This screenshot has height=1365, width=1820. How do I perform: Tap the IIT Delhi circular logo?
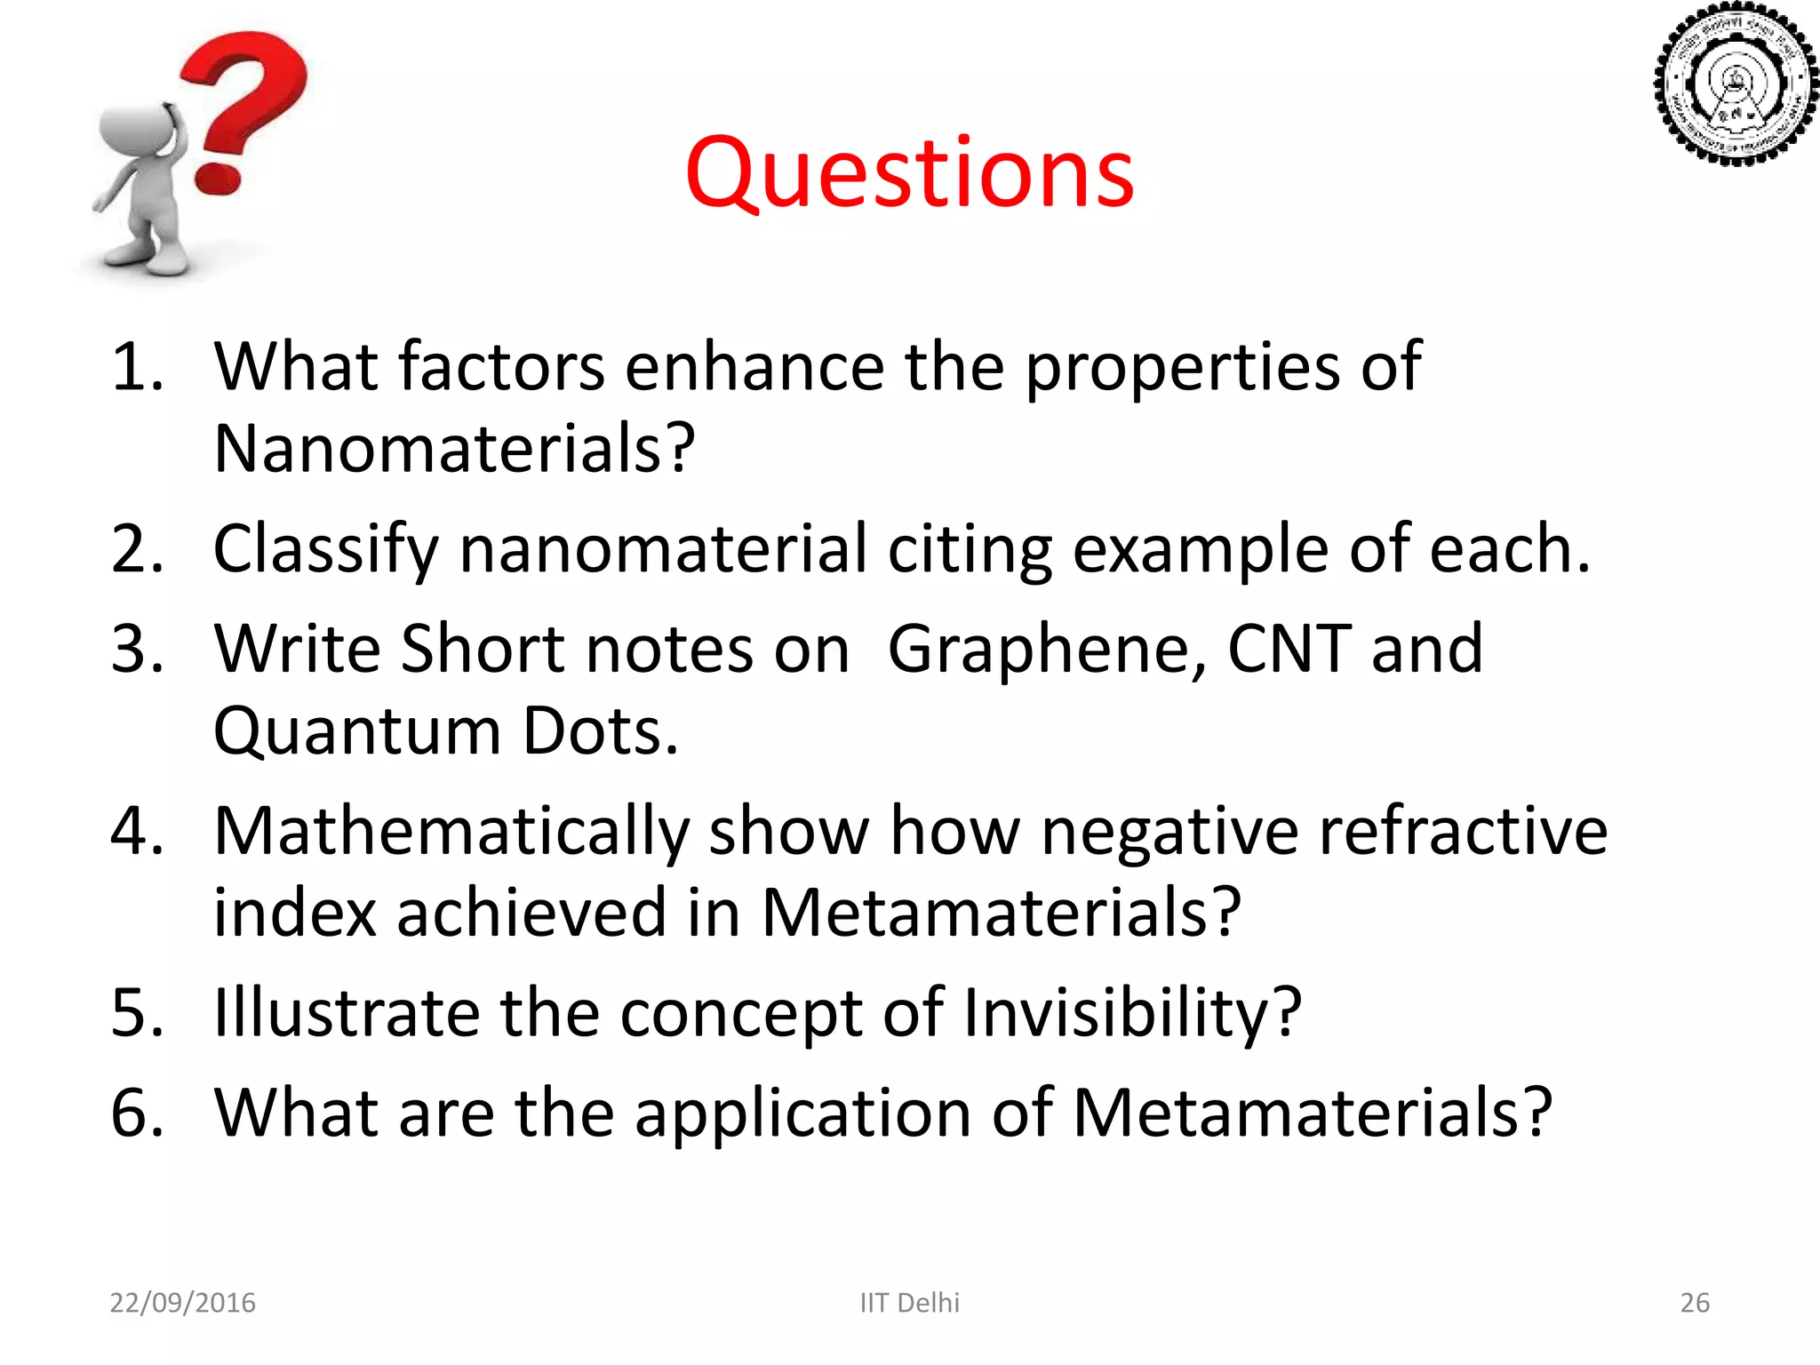pos(1734,85)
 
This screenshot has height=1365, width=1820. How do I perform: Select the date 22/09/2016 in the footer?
pos(182,1303)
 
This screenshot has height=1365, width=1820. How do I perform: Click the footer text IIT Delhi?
pos(909,1303)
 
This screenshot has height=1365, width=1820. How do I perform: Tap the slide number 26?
pos(1695,1303)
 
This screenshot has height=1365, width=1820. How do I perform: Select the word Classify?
pos(325,549)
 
